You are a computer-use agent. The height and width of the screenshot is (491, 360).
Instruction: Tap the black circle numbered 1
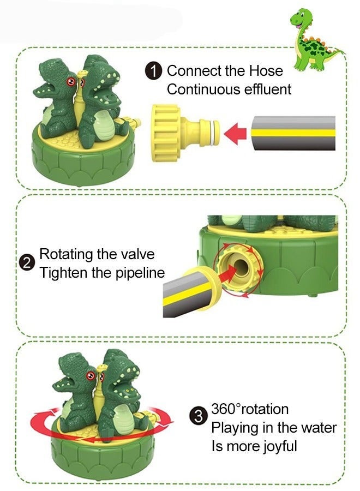point(154,71)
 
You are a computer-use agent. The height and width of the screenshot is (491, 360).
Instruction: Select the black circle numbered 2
point(27,264)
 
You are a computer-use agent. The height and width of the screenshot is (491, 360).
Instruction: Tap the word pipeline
point(136,273)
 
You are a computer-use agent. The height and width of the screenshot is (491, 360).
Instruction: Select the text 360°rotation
point(250,409)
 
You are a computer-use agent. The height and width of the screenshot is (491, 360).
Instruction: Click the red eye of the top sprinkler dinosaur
point(70,81)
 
